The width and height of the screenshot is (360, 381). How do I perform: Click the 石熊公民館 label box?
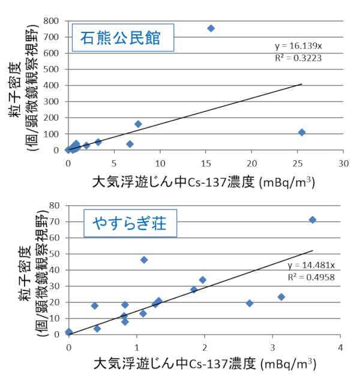[122, 38]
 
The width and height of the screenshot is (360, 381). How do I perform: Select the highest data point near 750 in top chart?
[211, 28]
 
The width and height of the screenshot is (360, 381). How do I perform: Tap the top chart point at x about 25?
[302, 132]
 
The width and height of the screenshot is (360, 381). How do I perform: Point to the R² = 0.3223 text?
[293, 57]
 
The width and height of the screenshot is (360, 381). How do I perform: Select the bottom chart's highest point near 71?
[312, 220]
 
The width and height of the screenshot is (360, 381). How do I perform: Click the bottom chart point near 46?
[144, 260]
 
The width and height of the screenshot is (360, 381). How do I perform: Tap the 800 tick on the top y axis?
[53, 21]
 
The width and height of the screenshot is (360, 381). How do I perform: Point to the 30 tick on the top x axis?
[343, 163]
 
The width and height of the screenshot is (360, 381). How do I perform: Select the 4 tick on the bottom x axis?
[340, 347]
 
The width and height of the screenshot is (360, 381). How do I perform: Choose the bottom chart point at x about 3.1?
[281, 297]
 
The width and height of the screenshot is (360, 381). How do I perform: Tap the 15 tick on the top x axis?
[206, 163]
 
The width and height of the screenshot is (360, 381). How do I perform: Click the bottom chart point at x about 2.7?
[250, 303]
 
